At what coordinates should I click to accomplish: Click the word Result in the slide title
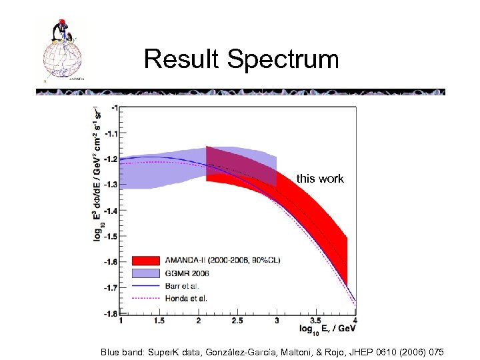(182, 59)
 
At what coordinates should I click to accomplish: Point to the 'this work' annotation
(320, 178)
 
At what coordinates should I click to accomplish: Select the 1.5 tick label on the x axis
(159, 321)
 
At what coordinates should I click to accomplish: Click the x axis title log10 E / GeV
(327, 329)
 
